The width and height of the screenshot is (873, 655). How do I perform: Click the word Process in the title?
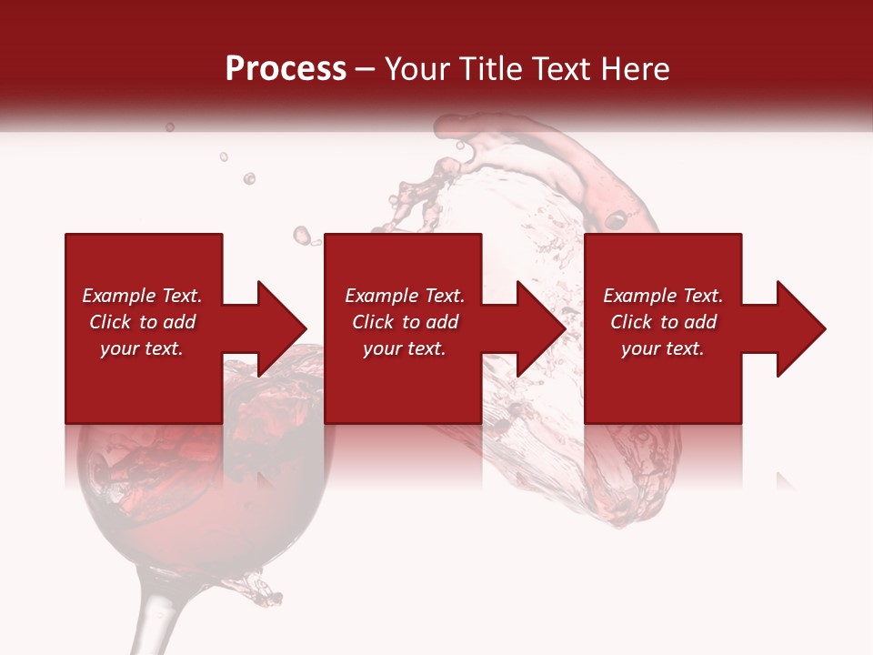286,69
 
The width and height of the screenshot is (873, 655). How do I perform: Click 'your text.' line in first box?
142,348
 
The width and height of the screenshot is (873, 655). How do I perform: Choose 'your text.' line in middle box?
404,348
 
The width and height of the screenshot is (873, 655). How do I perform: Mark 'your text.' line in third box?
662,348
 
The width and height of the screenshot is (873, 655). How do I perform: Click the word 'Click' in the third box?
630,322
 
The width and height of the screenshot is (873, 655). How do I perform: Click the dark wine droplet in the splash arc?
617,219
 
